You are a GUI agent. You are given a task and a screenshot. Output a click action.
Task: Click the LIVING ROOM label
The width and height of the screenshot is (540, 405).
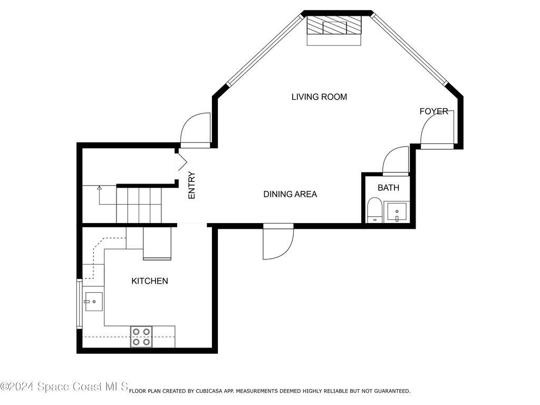(319, 97)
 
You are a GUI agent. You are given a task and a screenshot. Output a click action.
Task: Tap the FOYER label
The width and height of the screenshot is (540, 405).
(433, 111)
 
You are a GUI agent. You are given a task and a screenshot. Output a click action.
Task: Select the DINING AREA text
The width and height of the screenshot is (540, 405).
(290, 195)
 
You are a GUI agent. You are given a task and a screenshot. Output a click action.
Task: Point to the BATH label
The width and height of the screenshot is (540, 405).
(388, 188)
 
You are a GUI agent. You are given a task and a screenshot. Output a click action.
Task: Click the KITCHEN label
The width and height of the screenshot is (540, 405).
(149, 281)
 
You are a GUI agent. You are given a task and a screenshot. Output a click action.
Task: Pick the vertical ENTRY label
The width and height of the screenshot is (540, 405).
(191, 185)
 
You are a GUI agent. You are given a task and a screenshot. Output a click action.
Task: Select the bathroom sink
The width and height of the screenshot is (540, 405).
(396, 213)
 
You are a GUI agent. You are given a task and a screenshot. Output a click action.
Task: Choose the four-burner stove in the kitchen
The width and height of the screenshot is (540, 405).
(142, 336)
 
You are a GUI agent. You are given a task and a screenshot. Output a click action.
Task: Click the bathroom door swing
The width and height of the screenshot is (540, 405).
(396, 160)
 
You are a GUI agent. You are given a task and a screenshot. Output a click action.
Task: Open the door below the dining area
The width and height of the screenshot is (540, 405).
(278, 242)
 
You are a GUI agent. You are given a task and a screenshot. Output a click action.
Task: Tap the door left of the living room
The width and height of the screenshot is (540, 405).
(196, 130)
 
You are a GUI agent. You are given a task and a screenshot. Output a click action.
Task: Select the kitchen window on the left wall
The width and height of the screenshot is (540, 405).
(80, 305)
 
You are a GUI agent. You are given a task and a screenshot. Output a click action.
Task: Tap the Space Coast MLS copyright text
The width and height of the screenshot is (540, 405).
(64, 387)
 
